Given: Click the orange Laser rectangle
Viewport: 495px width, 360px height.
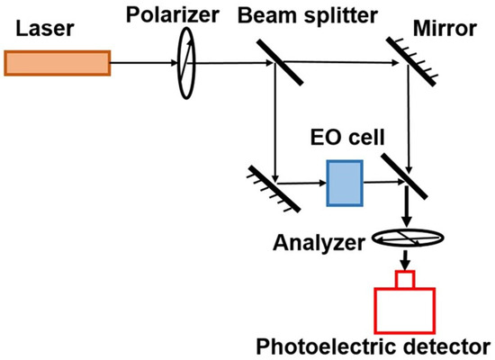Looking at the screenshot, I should (58, 61).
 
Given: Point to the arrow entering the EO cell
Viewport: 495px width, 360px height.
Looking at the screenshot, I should (306, 183).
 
